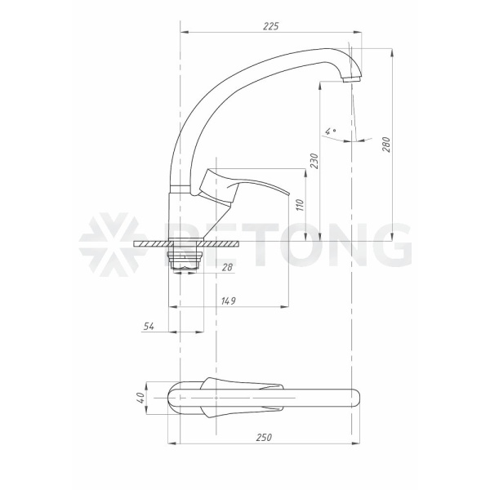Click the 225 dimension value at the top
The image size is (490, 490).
[270, 26]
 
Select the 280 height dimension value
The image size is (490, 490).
[386, 145]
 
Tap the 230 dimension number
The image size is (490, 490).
[314, 161]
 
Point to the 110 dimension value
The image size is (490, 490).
[300, 205]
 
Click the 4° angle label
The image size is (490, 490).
[330, 131]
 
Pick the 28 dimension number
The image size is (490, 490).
[228, 267]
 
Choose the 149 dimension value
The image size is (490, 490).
[229, 301]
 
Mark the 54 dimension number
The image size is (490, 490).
[149, 326]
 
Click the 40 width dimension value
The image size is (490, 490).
[141, 398]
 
